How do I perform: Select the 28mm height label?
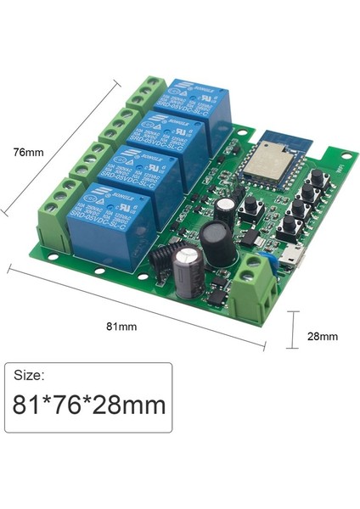[x=322, y=336]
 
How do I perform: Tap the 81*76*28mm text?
[x=89, y=405]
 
